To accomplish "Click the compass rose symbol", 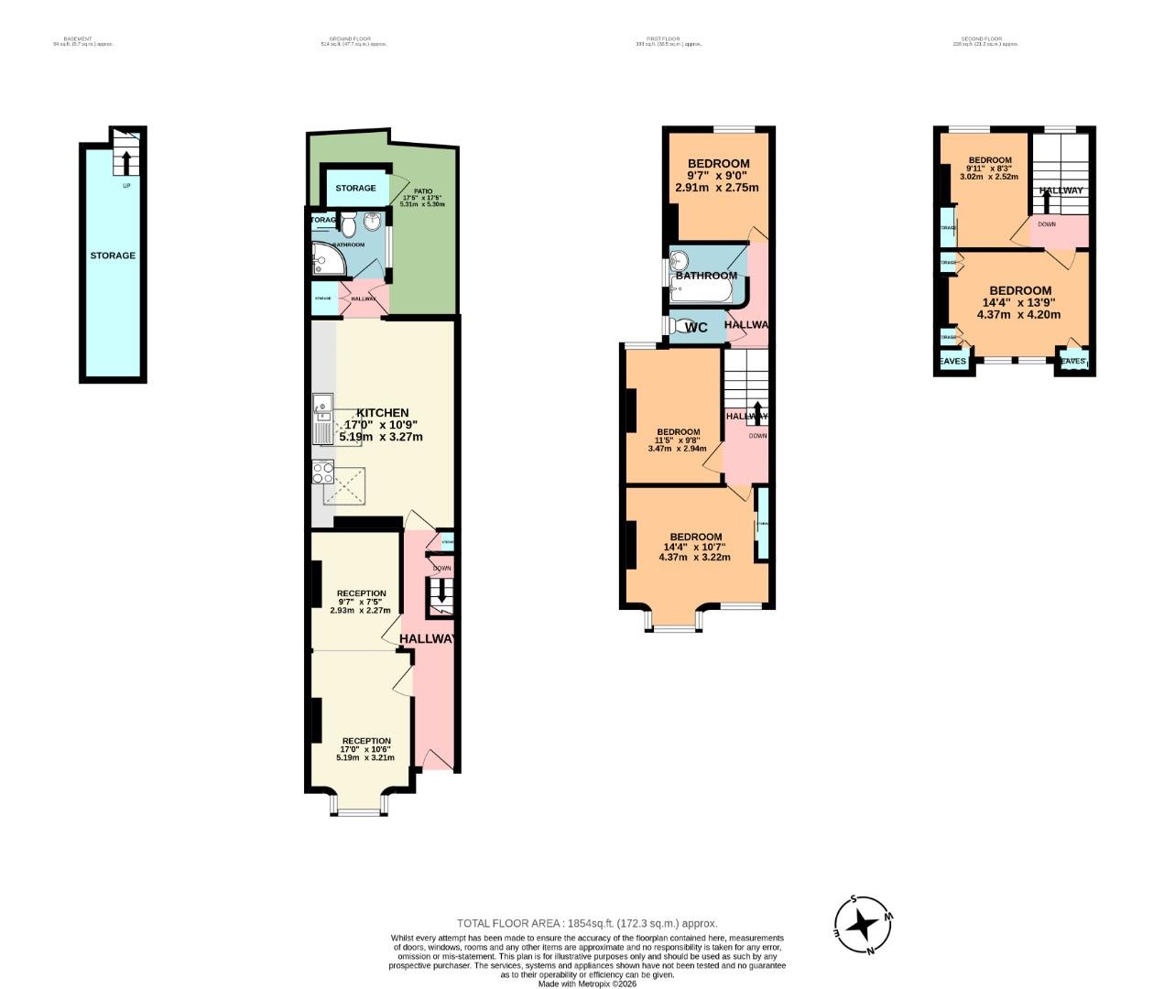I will pos(862,925).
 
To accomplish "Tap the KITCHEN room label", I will pos(382,413).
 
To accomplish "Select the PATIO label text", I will pos(422,191).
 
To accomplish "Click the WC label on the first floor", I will pos(696,328).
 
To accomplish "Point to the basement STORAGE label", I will pos(113,255).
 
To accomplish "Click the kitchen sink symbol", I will pos(322,419).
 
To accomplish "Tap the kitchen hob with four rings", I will pos(322,473).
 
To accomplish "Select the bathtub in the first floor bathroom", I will pos(701,291).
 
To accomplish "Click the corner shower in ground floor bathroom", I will pos(327,260).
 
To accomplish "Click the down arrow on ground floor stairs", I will pos(441,594).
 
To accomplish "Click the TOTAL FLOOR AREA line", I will pos(587,924).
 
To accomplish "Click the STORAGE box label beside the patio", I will pos(355,189).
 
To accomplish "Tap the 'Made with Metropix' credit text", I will pos(587,984).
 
